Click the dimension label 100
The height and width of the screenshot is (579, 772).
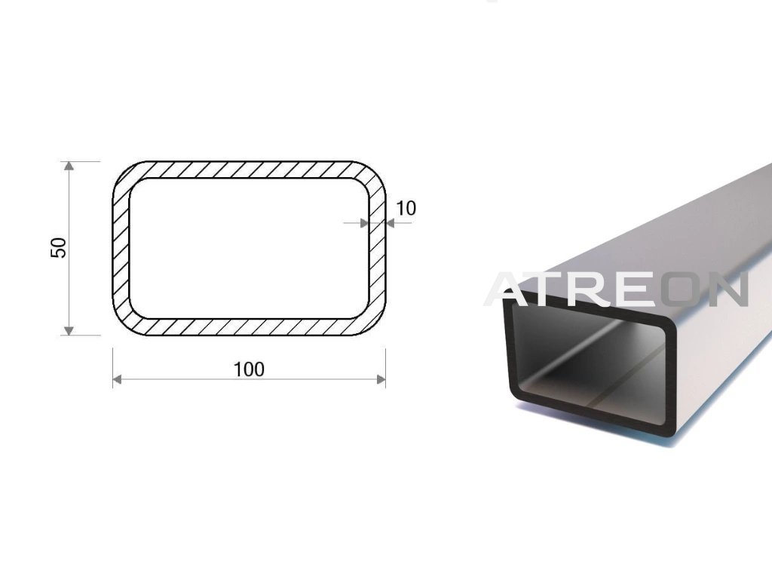(x=249, y=369)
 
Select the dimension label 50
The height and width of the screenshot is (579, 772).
(x=59, y=247)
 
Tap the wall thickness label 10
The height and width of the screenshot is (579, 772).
(x=406, y=208)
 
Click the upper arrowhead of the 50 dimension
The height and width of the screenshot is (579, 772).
(x=69, y=166)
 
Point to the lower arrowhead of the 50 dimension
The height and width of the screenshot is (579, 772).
(x=69, y=330)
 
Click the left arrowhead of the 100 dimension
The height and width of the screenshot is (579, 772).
(x=117, y=379)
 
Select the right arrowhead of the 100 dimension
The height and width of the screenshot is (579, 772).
(x=381, y=379)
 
